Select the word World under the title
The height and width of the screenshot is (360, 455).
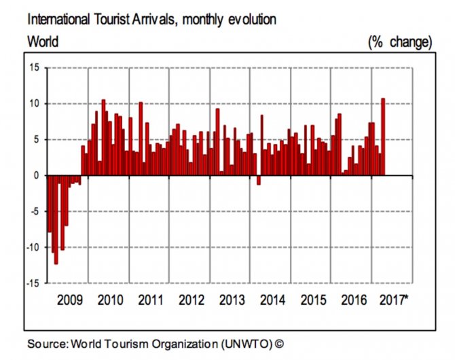(43, 42)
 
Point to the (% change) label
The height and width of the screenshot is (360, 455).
(399, 42)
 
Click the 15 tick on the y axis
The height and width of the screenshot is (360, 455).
(34, 67)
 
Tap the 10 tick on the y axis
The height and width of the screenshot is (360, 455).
(34, 103)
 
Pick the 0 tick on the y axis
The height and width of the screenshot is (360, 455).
(37, 175)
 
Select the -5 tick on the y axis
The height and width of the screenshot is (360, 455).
(34, 211)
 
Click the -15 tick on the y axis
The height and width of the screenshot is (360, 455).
(33, 283)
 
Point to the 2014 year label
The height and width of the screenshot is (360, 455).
(272, 300)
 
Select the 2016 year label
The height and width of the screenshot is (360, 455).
(353, 300)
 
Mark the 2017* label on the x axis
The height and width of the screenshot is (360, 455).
(395, 300)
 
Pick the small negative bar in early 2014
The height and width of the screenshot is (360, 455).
(258, 180)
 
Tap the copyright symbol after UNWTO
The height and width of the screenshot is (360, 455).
(278, 344)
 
